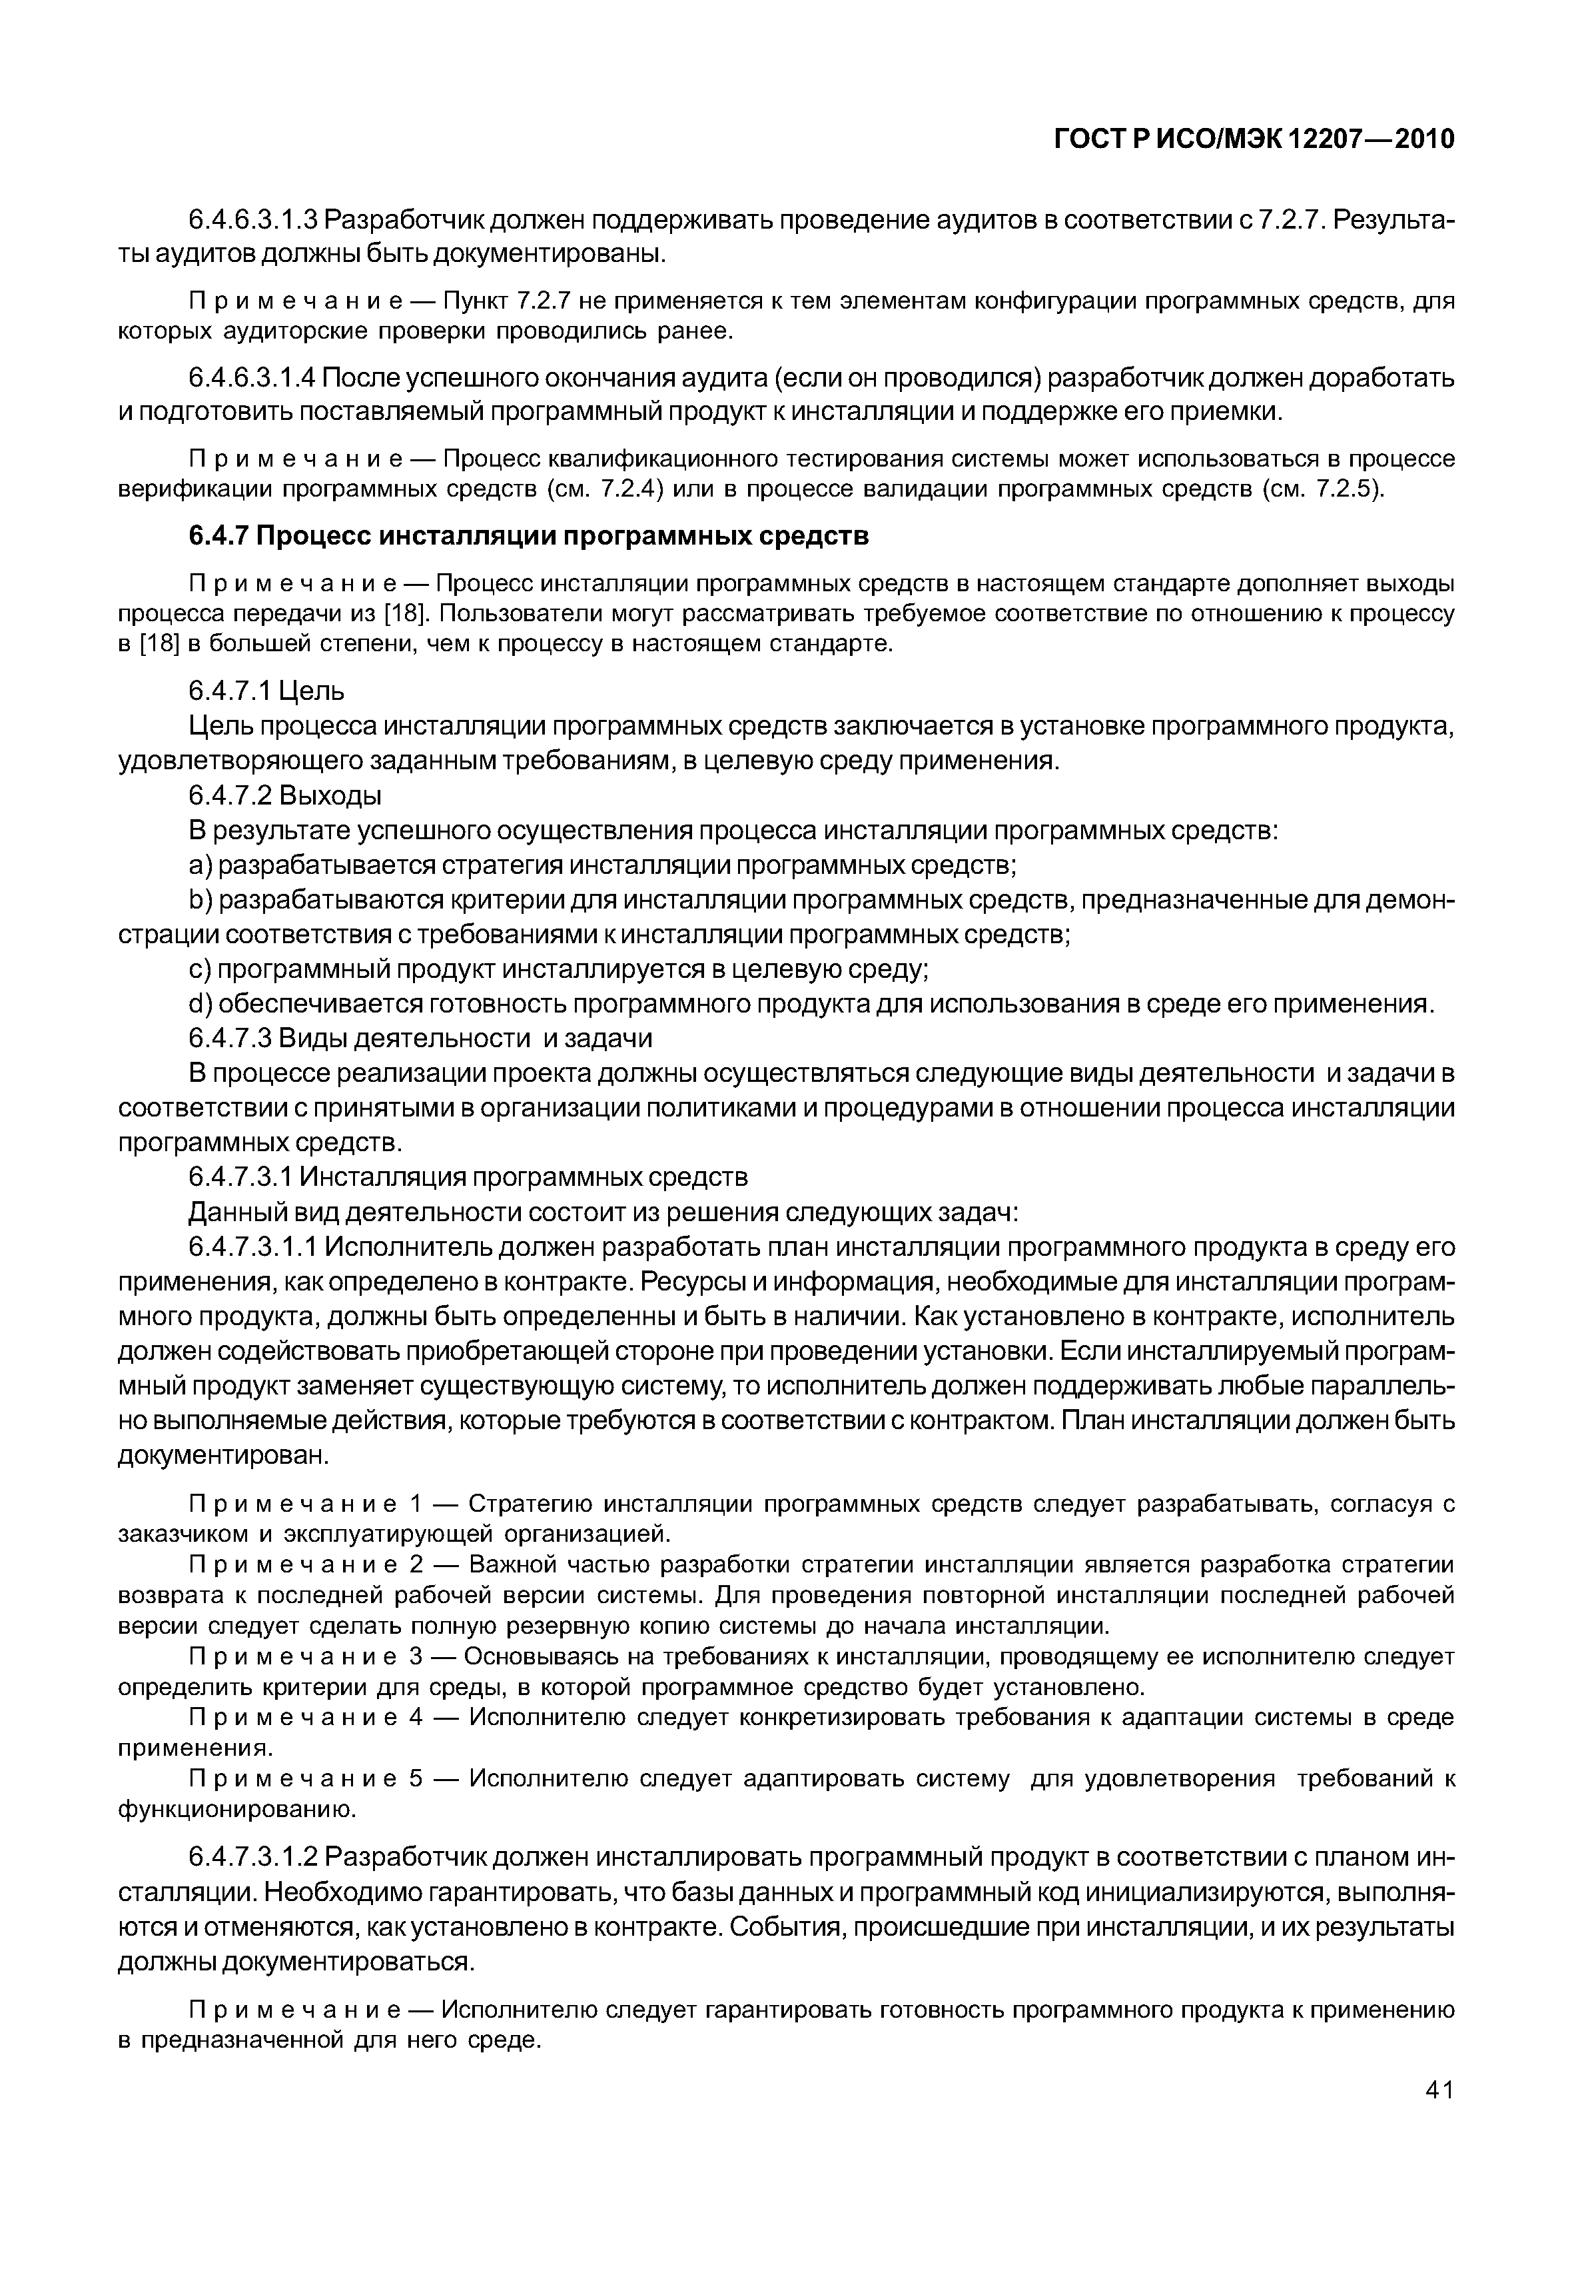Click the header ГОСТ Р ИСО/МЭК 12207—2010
tap(1254, 140)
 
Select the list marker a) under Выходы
tap(200, 865)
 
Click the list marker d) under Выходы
tap(200, 1005)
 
